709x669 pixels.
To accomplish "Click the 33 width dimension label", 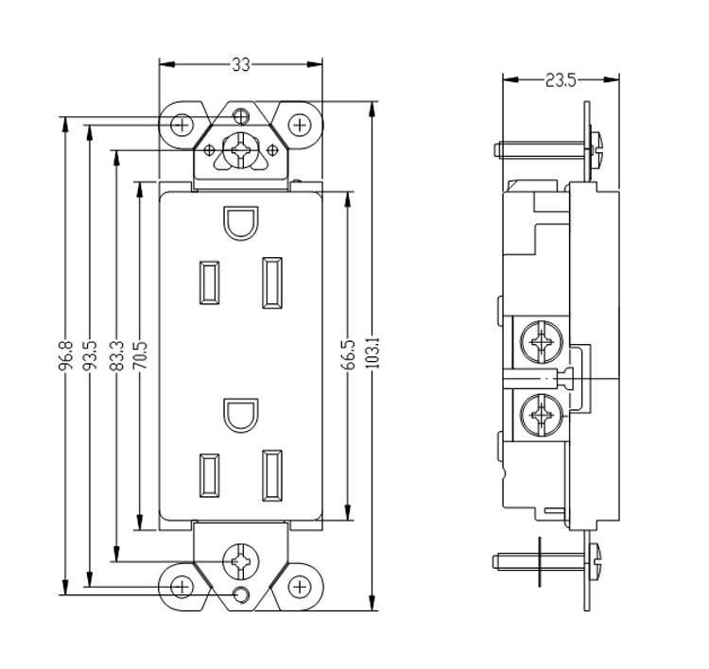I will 241,64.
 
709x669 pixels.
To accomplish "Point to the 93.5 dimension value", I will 90,356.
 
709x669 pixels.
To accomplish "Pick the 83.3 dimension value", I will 116,356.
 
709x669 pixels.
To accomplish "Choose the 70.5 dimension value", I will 142,356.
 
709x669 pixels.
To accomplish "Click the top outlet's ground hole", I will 240,222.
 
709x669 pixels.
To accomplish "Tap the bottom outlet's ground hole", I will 240,415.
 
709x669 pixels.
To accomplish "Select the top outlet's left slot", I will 207,282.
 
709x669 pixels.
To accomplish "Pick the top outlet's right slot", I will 272,283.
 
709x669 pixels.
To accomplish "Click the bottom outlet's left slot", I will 207,473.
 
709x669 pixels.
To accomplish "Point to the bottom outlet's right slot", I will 272,473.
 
